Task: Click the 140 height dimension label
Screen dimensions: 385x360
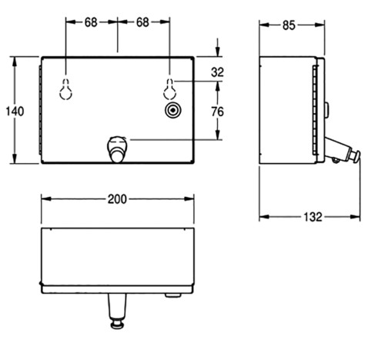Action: point(15,112)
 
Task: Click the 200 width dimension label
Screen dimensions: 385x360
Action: point(117,199)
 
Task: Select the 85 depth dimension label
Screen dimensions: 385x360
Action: point(289,25)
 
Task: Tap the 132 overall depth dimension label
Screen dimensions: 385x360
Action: point(313,217)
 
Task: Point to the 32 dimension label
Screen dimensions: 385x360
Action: point(217,72)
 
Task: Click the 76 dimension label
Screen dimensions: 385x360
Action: point(217,112)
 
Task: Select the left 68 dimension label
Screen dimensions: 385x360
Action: point(91,22)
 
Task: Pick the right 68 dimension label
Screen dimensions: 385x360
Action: point(142,22)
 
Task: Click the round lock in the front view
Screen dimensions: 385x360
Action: point(173,111)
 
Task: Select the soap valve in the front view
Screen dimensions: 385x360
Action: point(117,149)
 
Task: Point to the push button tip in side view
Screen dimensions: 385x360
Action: point(357,155)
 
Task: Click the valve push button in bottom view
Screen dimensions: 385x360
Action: point(117,325)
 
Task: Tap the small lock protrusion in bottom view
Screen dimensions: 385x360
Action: point(173,295)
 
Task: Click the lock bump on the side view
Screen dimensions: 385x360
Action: point(326,110)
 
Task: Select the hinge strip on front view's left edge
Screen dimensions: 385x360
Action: point(40,110)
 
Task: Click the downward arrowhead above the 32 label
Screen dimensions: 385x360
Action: point(218,52)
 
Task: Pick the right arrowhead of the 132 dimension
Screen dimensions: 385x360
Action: point(355,217)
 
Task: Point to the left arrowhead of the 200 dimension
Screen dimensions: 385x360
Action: point(46,199)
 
